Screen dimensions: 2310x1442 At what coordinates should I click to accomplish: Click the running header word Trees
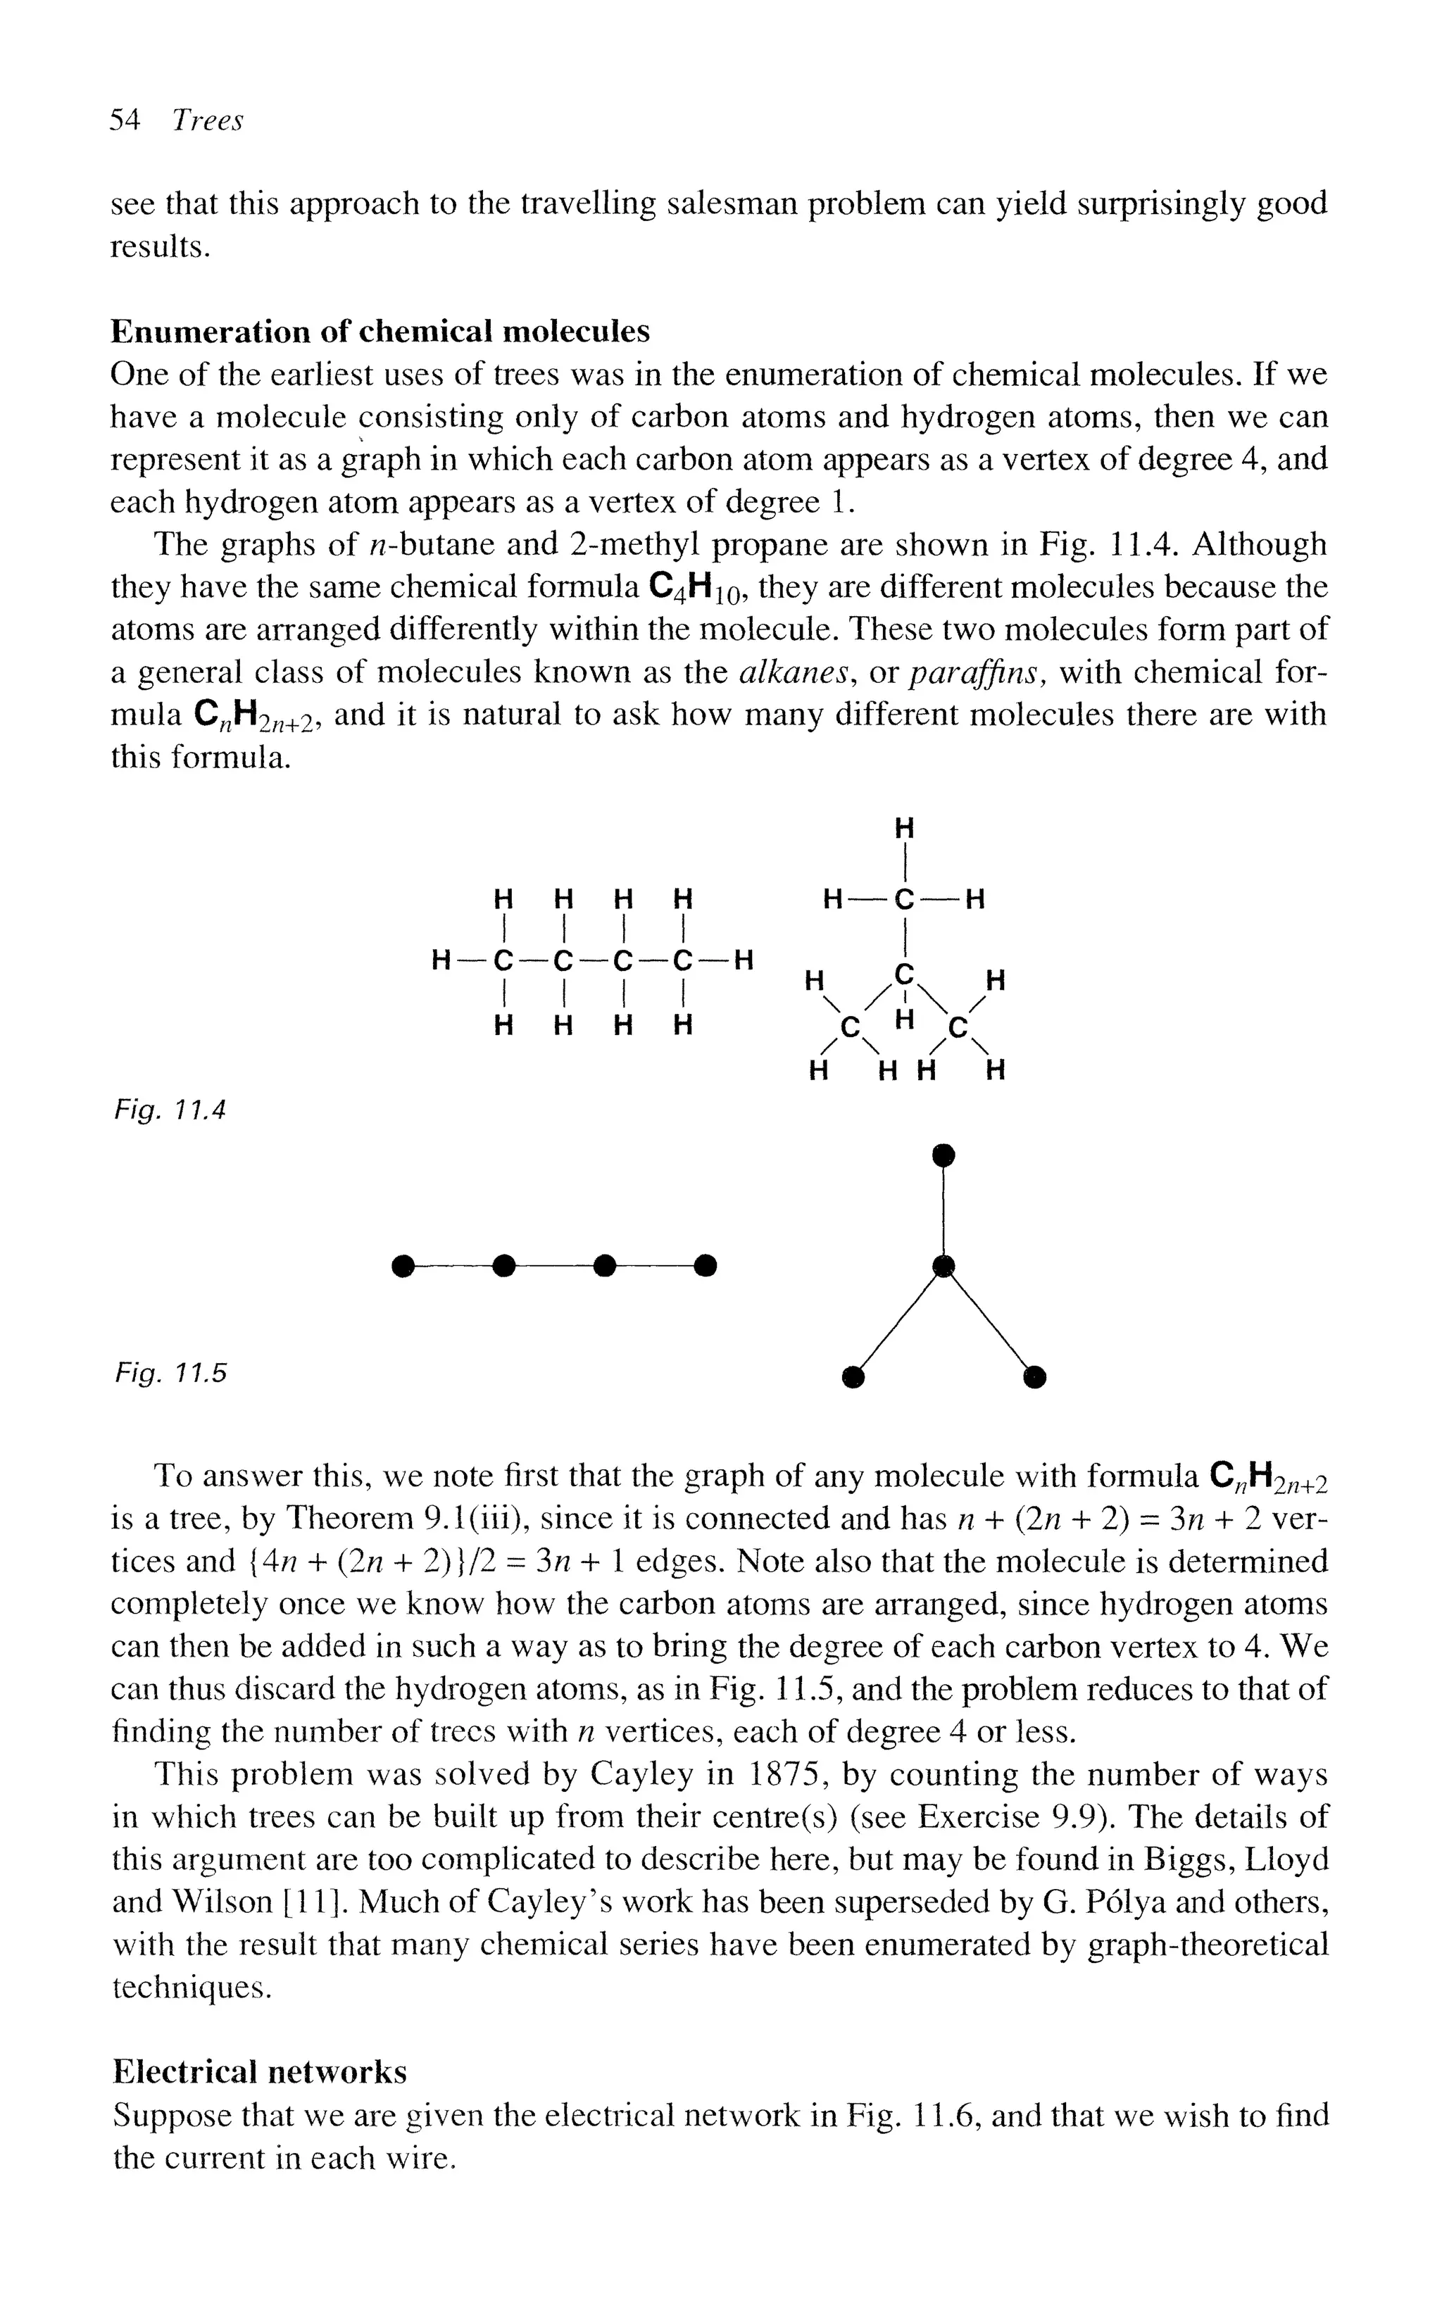[x=208, y=121]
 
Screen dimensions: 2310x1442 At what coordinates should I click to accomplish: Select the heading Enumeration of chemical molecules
[x=380, y=331]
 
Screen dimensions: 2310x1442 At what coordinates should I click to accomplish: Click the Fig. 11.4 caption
[x=170, y=1110]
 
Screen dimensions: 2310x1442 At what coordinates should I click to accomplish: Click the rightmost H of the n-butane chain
[x=744, y=960]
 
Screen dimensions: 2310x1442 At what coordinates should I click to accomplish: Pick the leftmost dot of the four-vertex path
[x=403, y=1266]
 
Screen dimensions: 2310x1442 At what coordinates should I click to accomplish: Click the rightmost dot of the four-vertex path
[x=705, y=1266]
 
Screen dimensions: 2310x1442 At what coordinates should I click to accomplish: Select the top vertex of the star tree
[x=943, y=1155]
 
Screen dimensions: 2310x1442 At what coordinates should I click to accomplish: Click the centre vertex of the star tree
[x=943, y=1266]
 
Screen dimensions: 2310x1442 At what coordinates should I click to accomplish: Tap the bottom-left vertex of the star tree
[x=853, y=1376]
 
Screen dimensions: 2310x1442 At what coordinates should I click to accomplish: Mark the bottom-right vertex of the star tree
[x=1034, y=1376]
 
